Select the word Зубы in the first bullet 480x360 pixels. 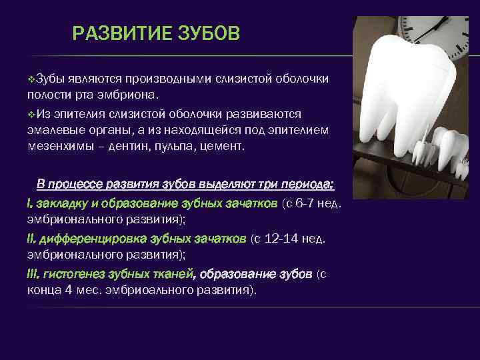[49, 79]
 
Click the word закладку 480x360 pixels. [61, 203]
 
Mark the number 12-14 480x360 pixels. [283, 239]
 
